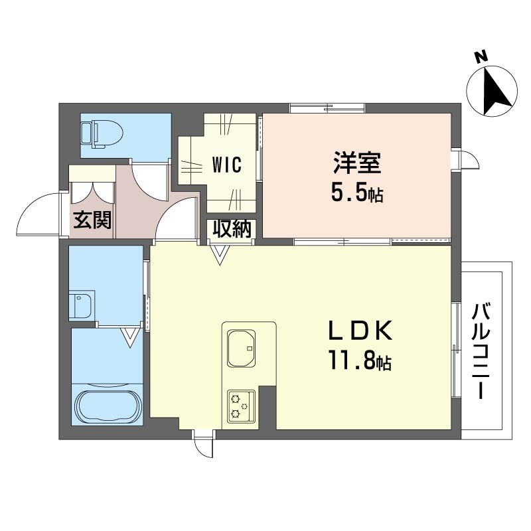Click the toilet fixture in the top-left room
102,135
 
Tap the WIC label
227,165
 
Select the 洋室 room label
357,163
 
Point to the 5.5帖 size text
357,194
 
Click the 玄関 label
92,220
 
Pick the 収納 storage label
232,229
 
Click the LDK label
360,330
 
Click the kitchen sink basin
242,348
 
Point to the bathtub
107,405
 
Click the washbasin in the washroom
82,306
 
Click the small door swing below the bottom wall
204,445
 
